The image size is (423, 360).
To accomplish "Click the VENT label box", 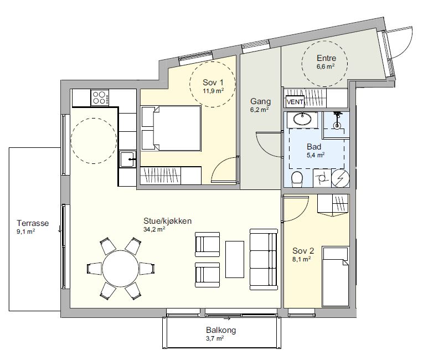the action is (x=295, y=102).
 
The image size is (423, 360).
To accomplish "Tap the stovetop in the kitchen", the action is (x=100, y=97).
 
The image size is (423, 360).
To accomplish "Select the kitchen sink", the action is (x=127, y=160).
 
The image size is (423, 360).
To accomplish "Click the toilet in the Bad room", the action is (x=297, y=179).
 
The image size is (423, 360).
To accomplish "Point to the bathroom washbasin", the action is (x=302, y=119).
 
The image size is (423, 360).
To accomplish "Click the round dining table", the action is (x=121, y=268).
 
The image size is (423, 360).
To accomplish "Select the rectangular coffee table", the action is (x=235, y=259).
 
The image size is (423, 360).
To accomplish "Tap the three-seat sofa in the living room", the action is (x=264, y=260).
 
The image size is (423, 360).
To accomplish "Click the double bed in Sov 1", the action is (x=171, y=128).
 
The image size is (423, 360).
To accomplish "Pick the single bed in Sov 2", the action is (x=336, y=276).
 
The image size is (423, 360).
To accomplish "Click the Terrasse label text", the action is (x=33, y=223).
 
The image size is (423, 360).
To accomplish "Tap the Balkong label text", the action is (x=221, y=330).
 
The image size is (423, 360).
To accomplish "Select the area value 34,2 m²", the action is (x=154, y=229).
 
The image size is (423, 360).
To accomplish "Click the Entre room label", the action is (x=326, y=58).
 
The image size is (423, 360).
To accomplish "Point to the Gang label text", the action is (x=260, y=101).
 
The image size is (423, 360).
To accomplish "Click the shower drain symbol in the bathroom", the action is (x=337, y=126).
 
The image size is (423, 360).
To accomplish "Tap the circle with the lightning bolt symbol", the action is (x=340, y=178).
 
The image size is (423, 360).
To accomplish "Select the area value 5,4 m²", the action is (x=316, y=155).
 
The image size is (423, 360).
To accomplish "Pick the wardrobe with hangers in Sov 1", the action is (x=160, y=176).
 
